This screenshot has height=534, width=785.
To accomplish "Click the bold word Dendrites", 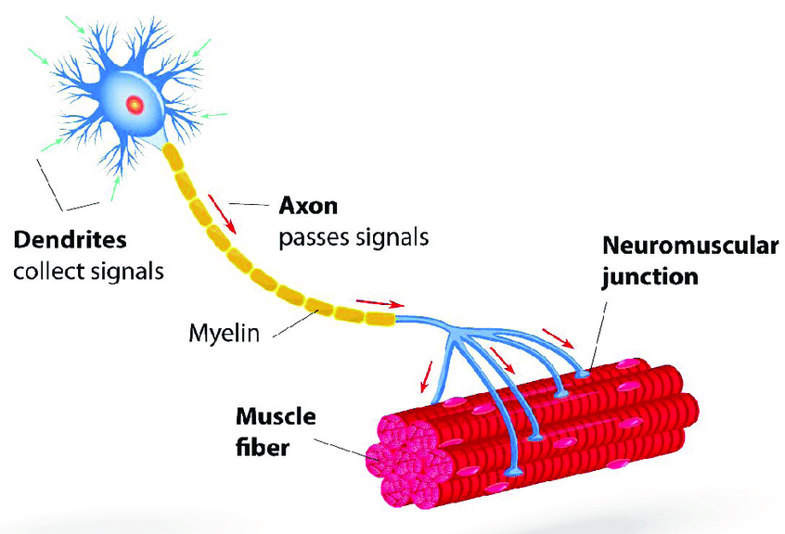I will (70, 242).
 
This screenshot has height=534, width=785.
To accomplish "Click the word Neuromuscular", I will (689, 246).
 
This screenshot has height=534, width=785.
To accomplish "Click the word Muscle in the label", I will (276, 417).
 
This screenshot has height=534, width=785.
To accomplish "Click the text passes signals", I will (354, 236).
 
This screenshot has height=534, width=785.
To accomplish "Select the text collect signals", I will (87, 273).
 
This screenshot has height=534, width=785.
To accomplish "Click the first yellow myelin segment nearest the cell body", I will (174, 158).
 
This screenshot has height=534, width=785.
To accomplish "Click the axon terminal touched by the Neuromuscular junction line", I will (584, 374).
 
